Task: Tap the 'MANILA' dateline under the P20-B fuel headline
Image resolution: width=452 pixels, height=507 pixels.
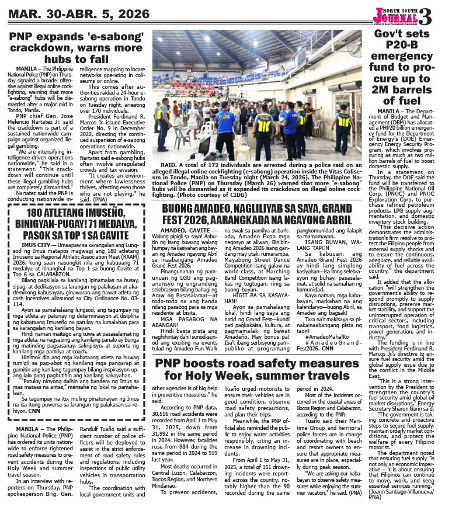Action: (x=389, y=110)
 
